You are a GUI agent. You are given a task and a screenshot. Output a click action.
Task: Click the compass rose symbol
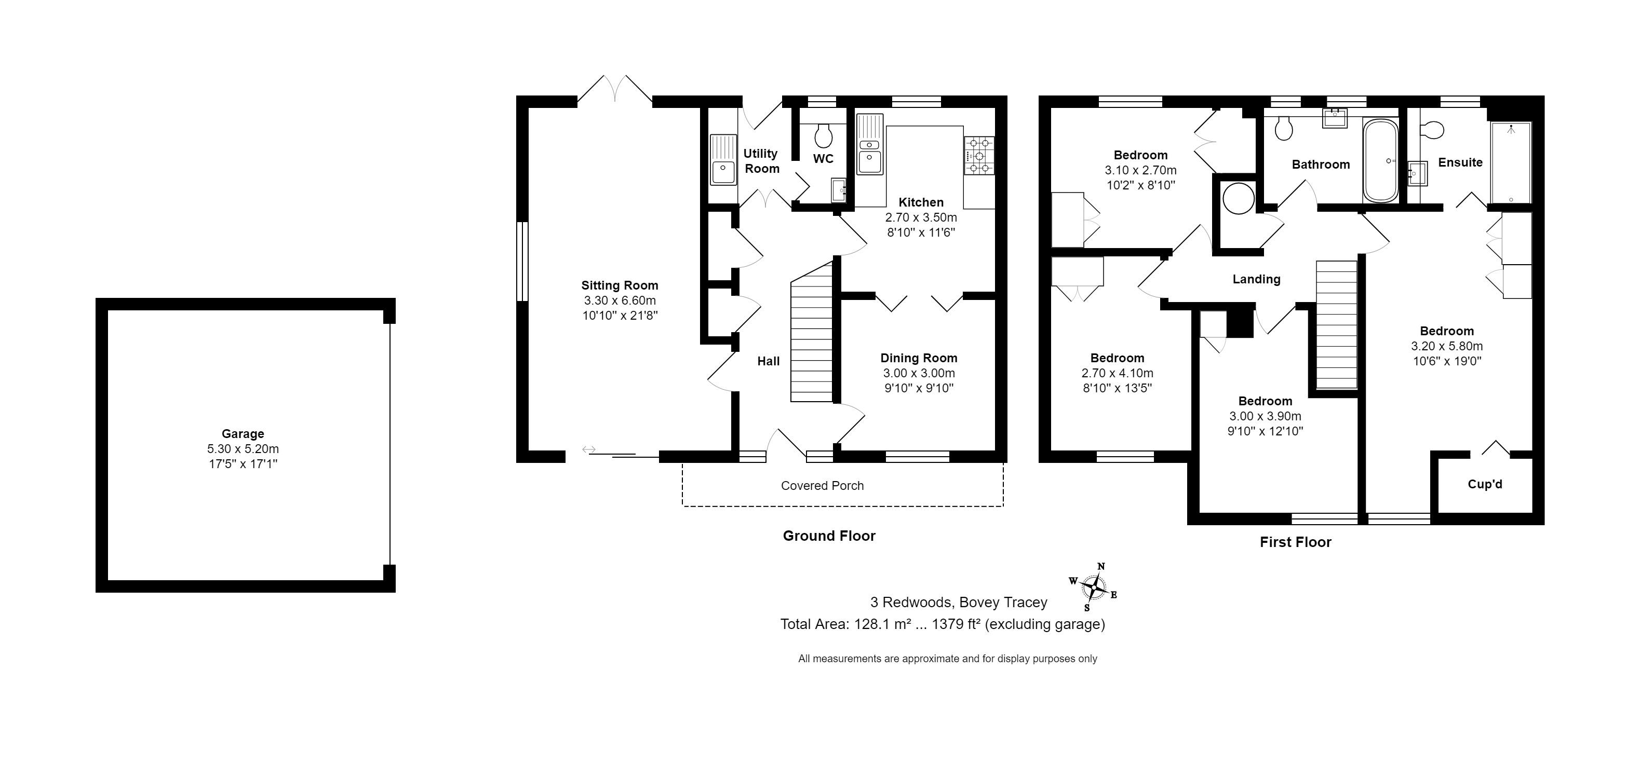(x=1094, y=586)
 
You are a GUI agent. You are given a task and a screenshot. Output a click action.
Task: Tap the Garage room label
(x=243, y=434)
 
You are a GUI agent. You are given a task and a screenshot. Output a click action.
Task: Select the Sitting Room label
(x=620, y=285)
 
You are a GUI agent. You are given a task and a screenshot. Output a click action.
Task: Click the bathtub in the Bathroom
(x=1380, y=161)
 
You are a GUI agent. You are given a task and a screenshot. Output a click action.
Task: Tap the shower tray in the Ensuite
(x=1511, y=162)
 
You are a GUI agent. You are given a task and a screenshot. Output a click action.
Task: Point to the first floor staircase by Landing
(x=1337, y=324)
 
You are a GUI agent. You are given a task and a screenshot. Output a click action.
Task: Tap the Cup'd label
(x=1485, y=484)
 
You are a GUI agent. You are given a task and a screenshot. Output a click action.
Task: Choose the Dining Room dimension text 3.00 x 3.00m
(x=919, y=374)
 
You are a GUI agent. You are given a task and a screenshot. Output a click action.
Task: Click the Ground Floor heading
(x=829, y=536)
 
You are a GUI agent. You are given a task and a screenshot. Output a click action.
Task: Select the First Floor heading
(x=1296, y=542)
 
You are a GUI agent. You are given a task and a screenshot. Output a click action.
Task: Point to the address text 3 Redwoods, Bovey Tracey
(x=959, y=602)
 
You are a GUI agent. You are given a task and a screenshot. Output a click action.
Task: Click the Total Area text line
(x=942, y=624)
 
